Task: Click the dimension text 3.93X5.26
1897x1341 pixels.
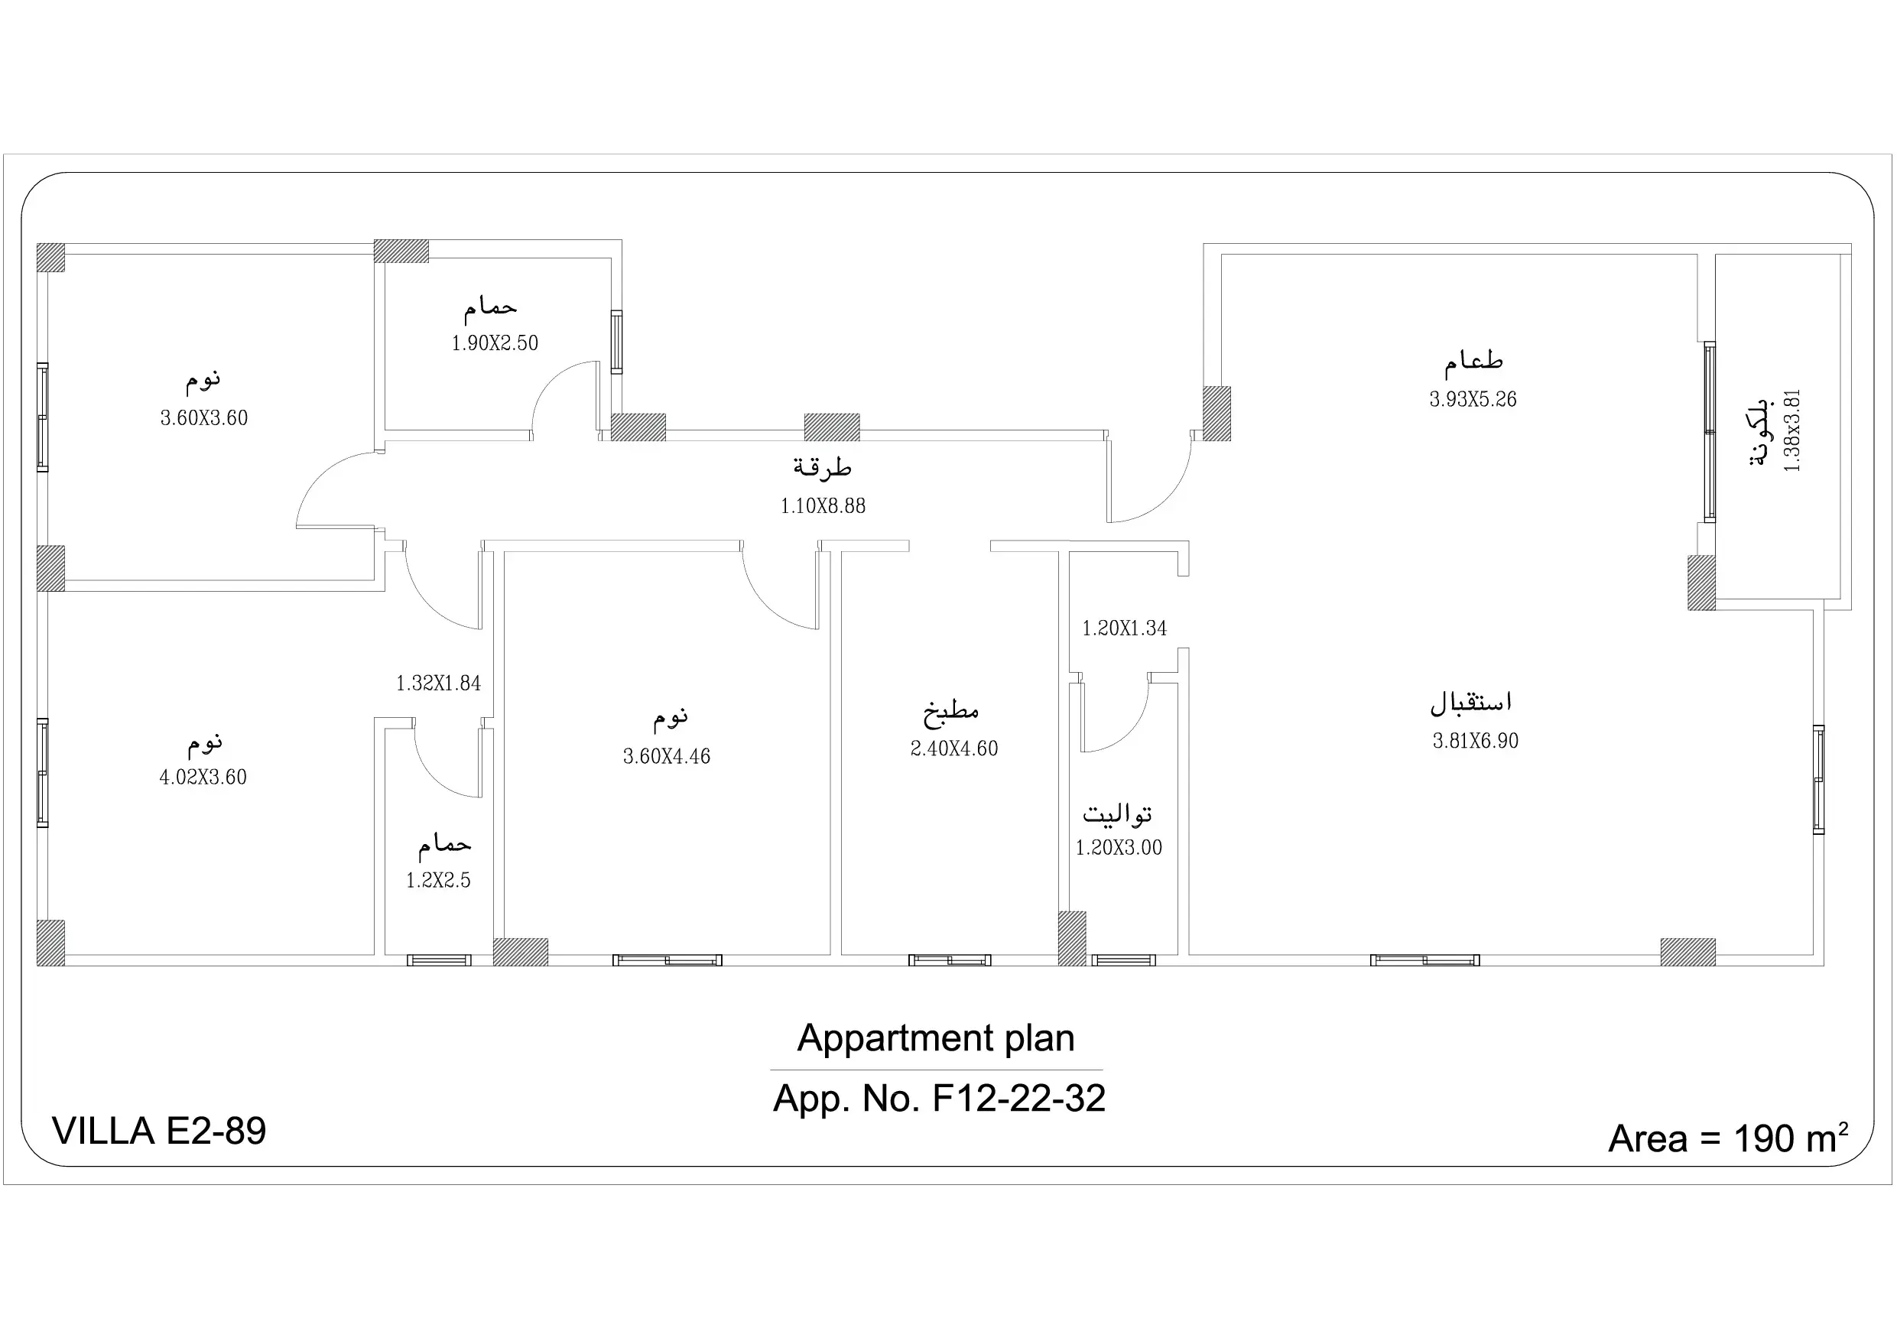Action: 1473,399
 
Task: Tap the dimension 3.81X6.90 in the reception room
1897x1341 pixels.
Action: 1476,740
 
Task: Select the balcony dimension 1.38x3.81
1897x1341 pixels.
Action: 1792,430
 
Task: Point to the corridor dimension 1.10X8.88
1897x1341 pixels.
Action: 823,505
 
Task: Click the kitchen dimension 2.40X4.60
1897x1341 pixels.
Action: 954,748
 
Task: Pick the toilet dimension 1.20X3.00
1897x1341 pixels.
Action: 1119,848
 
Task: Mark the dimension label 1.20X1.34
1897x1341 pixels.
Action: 1125,628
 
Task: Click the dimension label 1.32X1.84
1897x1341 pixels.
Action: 438,683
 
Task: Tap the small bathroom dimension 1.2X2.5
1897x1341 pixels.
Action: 438,881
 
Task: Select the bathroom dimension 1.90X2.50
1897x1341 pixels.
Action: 495,343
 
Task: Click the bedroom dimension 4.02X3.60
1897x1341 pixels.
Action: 203,778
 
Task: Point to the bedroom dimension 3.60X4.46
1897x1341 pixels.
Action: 667,756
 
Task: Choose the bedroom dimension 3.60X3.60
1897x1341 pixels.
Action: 204,418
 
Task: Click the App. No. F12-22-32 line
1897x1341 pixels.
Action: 940,1098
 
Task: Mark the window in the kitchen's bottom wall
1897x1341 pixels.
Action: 950,960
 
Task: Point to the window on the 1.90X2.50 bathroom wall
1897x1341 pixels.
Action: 616,342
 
